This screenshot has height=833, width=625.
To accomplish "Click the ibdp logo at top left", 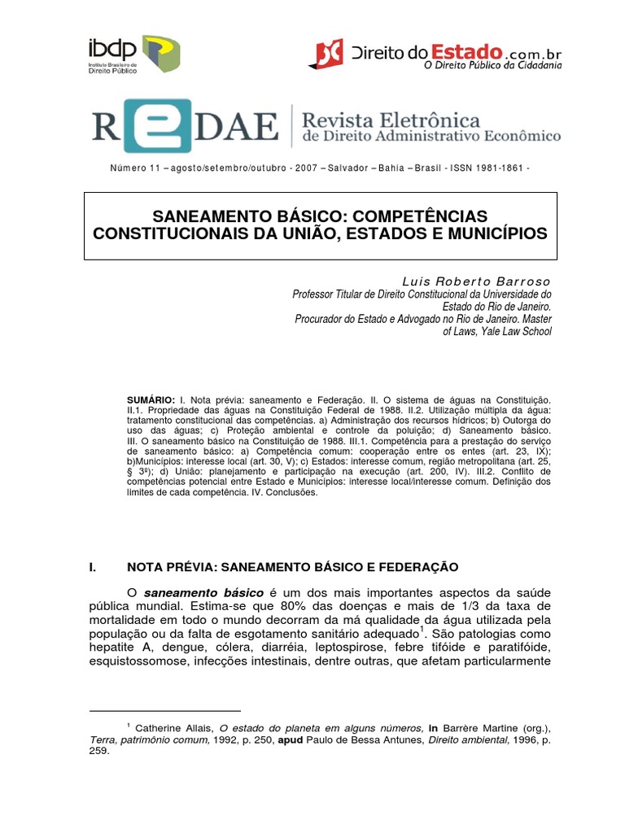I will (133, 54).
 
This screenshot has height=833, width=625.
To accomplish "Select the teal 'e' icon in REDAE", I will (164, 126).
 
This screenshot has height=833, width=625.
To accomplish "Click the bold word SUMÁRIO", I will (151, 401).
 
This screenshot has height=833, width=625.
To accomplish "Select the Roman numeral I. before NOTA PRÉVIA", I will (93, 566).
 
